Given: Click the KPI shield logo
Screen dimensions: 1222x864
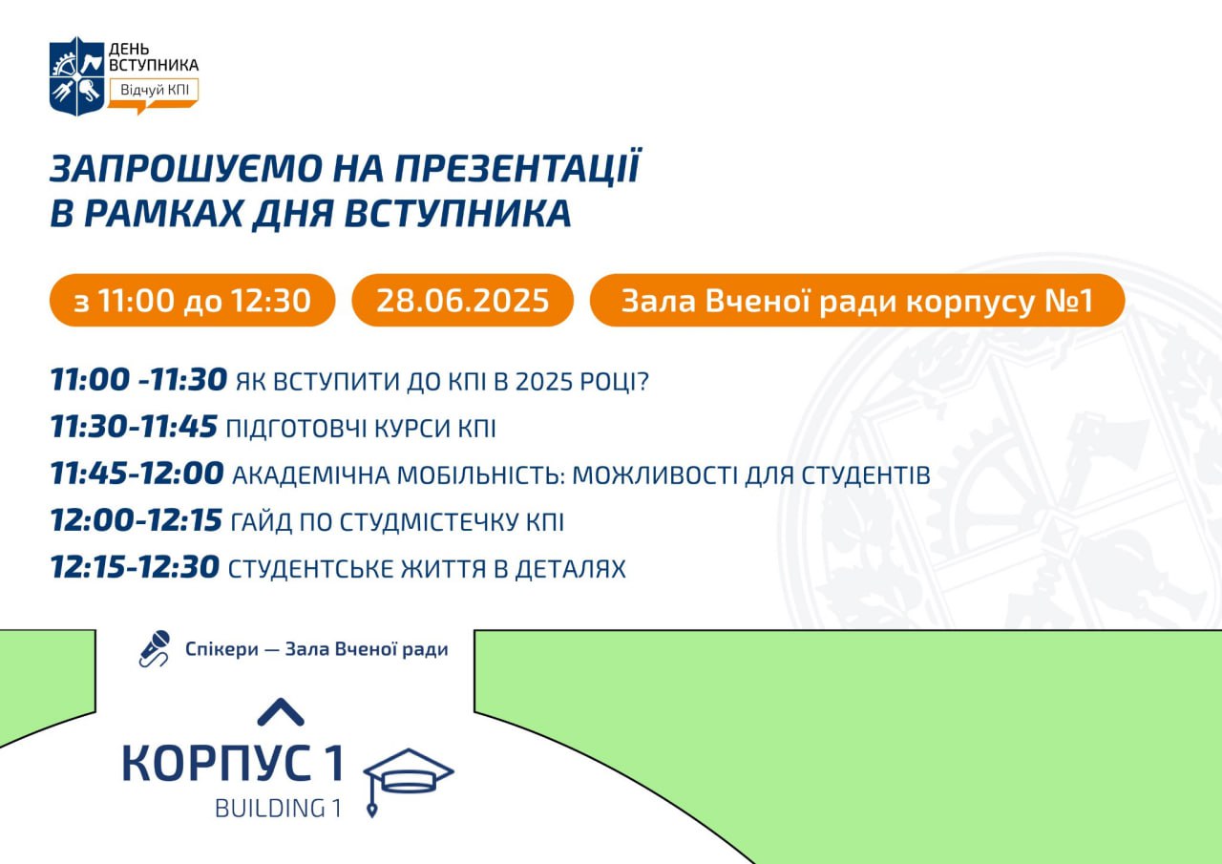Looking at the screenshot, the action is (x=77, y=76).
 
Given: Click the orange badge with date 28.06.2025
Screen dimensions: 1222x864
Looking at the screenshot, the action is (x=463, y=300).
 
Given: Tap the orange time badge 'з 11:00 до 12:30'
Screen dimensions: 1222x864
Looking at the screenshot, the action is (x=192, y=300).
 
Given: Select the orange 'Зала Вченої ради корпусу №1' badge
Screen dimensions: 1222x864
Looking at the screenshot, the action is (x=857, y=300).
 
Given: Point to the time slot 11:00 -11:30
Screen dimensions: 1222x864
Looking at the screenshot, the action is (x=138, y=379).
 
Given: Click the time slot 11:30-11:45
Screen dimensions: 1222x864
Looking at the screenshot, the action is (x=134, y=426).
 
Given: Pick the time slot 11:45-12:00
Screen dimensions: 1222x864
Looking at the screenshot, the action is (x=137, y=473).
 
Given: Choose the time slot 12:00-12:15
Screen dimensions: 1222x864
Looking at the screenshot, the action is (x=136, y=519).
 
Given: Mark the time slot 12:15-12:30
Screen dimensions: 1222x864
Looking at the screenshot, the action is (x=135, y=567).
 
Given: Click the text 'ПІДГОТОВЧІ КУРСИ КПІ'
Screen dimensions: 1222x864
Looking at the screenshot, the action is (x=361, y=429).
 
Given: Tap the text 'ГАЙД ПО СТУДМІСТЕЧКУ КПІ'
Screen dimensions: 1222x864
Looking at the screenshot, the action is (x=397, y=522).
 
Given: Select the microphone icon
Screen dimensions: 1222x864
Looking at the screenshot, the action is (x=155, y=648).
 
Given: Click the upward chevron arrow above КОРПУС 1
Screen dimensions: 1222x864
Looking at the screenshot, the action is (x=281, y=712).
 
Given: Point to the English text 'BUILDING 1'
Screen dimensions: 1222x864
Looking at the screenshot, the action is (x=278, y=809).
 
